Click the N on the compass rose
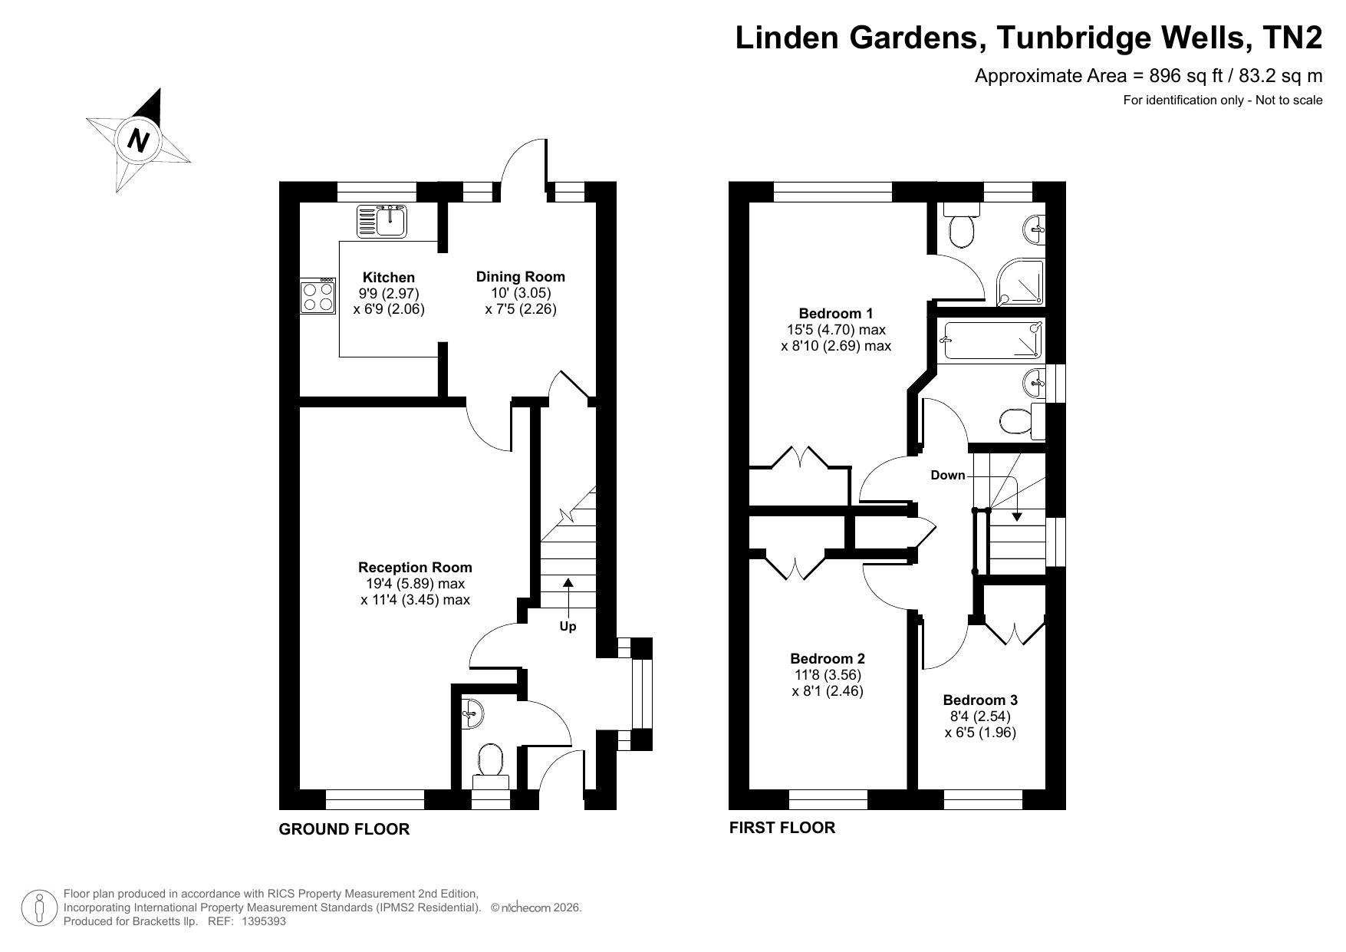point(138,140)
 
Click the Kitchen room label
point(389,277)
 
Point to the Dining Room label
point(521,276)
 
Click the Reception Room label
point(415,567)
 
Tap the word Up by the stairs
point(568,626)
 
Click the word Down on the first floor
point(948,475)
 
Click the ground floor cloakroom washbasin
point(472,714)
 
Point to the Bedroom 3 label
point(980,700)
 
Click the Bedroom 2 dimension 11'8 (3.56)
point(828,675)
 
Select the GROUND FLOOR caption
point(344,828)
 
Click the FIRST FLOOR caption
point(782,827)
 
